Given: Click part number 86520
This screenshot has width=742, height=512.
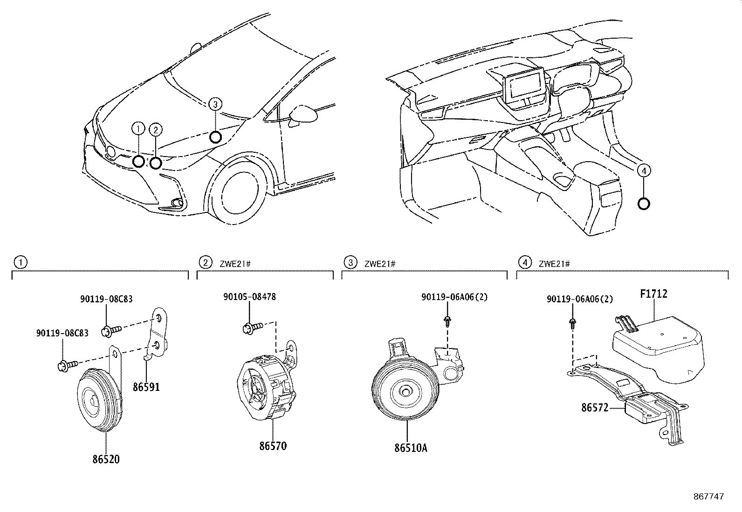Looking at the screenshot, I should (105, 459).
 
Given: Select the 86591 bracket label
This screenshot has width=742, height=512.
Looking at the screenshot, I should (146, 387).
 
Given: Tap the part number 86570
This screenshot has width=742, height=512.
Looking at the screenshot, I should (273, 446).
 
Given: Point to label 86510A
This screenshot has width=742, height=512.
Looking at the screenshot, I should (411, 448).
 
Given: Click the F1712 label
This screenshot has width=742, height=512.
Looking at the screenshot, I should (653, 294).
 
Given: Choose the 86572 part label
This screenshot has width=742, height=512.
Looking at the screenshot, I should (595, 408).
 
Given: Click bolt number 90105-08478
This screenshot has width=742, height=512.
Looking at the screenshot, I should (249, 297).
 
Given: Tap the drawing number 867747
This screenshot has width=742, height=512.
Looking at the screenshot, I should (708, 497).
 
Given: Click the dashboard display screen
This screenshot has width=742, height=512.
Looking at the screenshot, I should (526, 87).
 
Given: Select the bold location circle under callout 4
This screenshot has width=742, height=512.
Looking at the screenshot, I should (643, 204).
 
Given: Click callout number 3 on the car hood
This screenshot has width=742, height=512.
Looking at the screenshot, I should (214, 104).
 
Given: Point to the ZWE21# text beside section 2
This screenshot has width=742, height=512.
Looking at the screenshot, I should (235, 264).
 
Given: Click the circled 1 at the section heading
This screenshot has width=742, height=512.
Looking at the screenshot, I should (20, 263).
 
